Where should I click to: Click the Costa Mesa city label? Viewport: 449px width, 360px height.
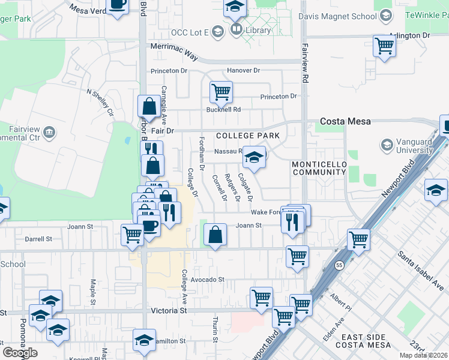345,121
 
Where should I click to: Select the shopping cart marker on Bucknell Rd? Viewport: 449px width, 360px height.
221,92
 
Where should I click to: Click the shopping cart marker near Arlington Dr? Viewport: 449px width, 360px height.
384,45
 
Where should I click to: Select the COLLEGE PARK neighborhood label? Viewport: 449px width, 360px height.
248,136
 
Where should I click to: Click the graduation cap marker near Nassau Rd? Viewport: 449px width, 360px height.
255,158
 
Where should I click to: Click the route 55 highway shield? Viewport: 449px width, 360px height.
340,266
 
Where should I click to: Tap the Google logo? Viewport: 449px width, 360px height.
20,352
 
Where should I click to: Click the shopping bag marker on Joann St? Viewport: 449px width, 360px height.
215,235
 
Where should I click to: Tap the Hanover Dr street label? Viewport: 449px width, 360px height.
243,71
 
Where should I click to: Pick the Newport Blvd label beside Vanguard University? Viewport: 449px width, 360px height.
399,178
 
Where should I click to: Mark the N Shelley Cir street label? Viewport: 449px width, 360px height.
100,103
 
